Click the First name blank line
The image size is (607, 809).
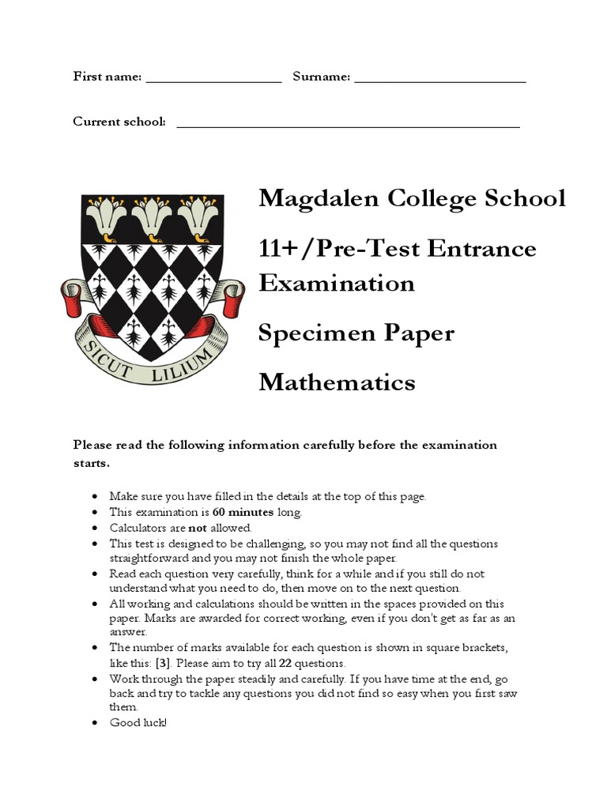[213, 79]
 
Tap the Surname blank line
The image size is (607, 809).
[440, 79]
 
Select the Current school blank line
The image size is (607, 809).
[348, 124]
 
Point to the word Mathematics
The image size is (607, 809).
[337, 382]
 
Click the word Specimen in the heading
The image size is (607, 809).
[313, 333]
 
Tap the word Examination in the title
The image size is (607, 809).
[336, 283]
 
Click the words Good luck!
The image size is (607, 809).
[138, 723]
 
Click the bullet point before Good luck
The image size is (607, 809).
[95, 723]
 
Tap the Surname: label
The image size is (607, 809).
[321, 77]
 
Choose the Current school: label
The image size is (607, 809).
[119, 121]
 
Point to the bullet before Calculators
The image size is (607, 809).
[95, 528]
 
